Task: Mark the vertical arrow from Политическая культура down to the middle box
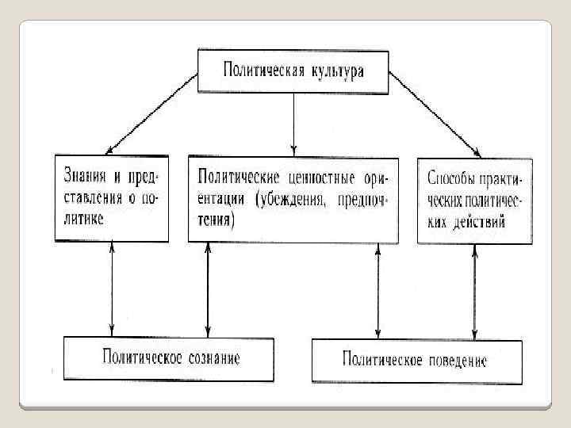click(x=294, y=123)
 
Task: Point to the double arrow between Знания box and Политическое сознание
click(x=112, y=289)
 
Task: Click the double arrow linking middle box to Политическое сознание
click(x=208, y=289)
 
